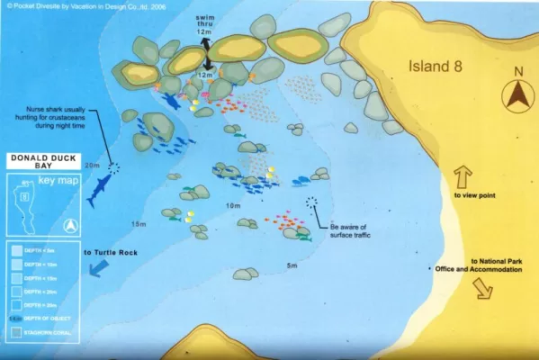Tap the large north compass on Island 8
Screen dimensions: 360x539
517,94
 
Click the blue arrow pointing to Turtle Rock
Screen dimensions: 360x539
98,268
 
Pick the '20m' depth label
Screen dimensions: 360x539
92,166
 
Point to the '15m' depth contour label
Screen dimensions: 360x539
138,223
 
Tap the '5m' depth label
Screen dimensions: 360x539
291,265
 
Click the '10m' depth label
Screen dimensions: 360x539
234,205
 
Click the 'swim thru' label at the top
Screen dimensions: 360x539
207,22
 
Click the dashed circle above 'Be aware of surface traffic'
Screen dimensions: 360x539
311,203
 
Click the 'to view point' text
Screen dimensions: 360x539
477,194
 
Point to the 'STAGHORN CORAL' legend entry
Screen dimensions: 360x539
47,333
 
